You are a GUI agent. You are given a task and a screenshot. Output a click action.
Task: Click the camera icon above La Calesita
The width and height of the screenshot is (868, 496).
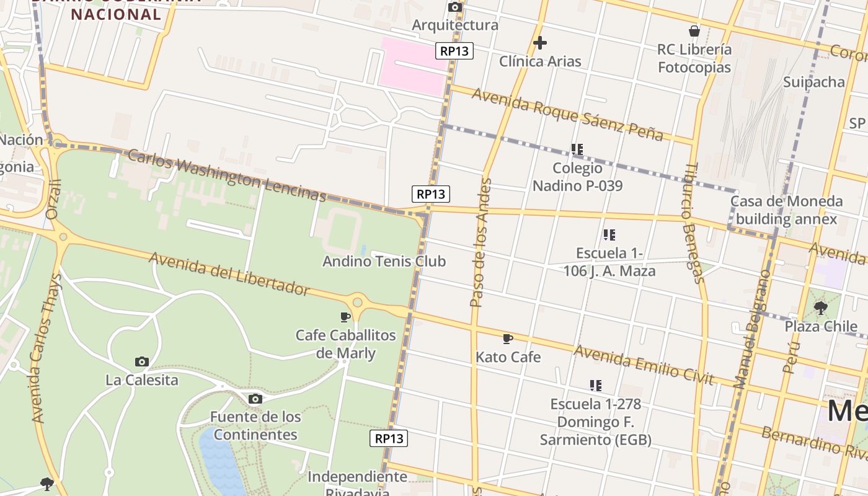[142, 361]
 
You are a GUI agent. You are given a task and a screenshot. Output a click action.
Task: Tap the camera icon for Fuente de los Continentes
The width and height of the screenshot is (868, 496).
[255, 399]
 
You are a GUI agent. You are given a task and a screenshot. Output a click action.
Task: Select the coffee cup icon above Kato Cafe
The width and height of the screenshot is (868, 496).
[508, 339]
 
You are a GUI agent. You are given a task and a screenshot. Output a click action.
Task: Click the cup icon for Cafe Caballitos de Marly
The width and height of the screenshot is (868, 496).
[345, 317]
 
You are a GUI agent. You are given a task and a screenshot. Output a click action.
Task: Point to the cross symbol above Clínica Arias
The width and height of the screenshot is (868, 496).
[540, 43]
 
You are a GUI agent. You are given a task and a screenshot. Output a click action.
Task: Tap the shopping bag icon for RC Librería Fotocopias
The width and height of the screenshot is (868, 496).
[694, 31]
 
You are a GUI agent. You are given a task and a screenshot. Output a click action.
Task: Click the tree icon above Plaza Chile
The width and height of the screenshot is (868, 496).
[821, 308]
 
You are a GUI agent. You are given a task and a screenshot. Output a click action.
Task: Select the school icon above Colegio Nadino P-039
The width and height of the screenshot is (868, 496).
[577, 149]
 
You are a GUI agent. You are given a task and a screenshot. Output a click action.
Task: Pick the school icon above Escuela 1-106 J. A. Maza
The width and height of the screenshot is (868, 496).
[609, 235]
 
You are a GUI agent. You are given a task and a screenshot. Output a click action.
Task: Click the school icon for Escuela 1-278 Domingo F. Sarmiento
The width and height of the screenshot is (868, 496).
[596, 386]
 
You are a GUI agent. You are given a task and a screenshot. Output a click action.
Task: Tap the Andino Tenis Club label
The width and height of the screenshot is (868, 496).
[384, 261]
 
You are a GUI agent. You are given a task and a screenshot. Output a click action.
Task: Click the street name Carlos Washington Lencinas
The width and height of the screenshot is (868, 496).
[226, 175]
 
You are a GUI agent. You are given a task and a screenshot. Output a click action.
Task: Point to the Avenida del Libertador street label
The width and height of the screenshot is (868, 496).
[229, 273]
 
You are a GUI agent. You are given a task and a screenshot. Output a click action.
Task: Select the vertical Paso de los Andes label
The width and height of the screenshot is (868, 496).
[480, 242]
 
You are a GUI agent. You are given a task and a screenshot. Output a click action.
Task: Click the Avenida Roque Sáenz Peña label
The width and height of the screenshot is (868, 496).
[567, 114]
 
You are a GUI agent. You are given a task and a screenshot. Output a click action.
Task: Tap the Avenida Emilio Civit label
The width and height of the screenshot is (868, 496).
[643, 365]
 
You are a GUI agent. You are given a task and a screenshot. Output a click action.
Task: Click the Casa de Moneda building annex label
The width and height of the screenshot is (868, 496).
[786, 210]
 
